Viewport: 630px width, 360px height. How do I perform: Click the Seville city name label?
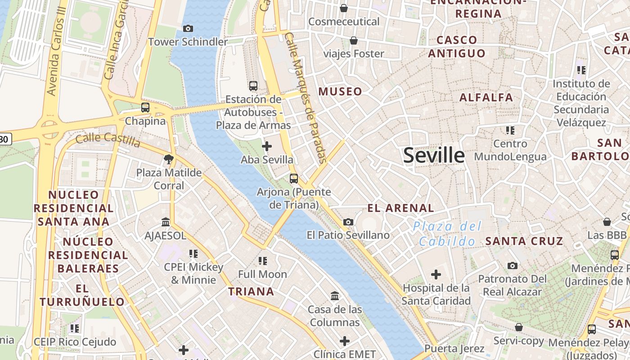pyautogui.click(x=434, y=155)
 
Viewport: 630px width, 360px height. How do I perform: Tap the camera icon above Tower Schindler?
pyautogui.click(x=188, y=29)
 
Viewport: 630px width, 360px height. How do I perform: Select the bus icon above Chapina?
pyautogui.click(x=145, y=108)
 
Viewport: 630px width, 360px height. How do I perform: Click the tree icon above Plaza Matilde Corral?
pyautogui.click(x=169, y=159)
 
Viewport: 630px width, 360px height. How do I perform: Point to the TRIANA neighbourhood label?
pyautogui.click(x=251, y=292)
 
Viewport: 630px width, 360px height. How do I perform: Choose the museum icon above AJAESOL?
pyautogui.click(x=166, y=222)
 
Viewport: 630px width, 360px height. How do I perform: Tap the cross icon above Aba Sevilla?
pyautogui.click(x=267, y=146)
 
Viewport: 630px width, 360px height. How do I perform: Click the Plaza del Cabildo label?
pyautogui.click(x=447, y=234)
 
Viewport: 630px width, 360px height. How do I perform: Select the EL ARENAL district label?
pyautogui.click(x=400, y=208)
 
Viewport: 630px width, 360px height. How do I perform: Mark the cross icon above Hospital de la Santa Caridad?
pyautogui.click(x=436, y=274)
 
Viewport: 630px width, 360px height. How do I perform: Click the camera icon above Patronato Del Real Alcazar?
pyautogui.click(x=512, y=265)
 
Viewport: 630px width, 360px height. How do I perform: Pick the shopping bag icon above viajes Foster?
pyautogui.click(x=354, y=40)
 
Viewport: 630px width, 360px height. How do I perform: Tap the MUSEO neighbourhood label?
pyautogui.click(x=340, y=92)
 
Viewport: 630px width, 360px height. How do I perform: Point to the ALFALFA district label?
pyautogui.click(x=486, y=97)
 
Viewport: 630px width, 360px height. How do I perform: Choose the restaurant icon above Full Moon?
pyautogui.click(x=262, y=261)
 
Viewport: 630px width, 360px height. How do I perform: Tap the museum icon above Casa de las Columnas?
pyautogui.click(x=335, y=296)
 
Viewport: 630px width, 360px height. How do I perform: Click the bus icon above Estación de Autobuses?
pyautogui.click(x=253, y=85)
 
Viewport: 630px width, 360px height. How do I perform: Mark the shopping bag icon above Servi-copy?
pyautogui.click(x=519, y=327)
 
